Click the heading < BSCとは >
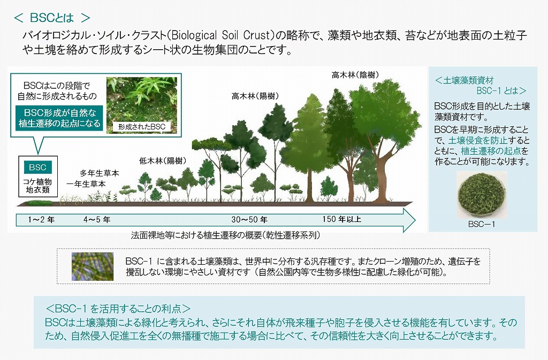point(52,18)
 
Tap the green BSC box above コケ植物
point(38,167)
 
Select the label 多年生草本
point(99,173)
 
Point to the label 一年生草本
point(86,183)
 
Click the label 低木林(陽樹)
point(163,160)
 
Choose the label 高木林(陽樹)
point(255,96)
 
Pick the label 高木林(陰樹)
point(355,75)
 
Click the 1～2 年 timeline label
point(41,220)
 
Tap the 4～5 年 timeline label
point(97,220)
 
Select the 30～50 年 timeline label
point(249,220)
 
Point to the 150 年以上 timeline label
point(341,219)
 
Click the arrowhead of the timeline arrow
point(408,220)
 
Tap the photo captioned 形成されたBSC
point(141,105)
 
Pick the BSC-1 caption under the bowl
point(482,224)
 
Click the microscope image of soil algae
point(93,266)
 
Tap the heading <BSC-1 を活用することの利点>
point(118,309)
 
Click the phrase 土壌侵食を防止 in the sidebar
point(477,140)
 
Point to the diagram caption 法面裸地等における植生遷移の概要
point(196,235)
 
